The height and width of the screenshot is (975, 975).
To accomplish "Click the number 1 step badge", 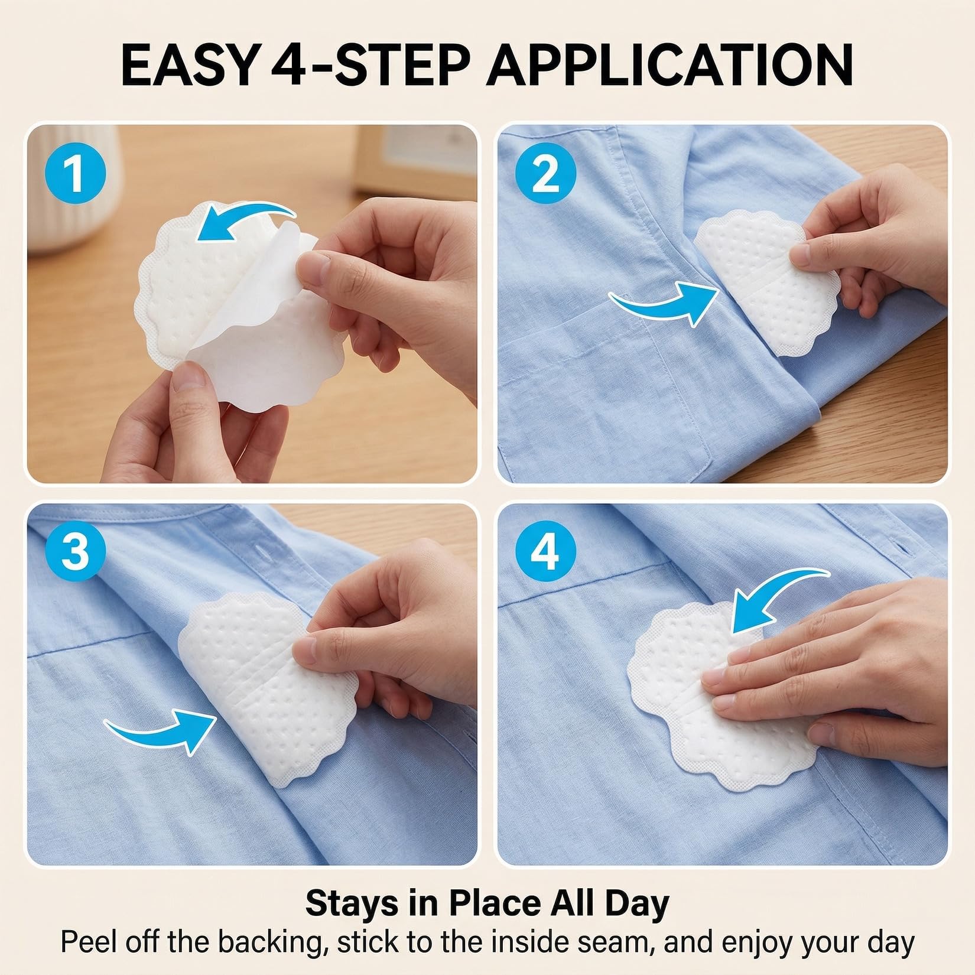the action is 75,173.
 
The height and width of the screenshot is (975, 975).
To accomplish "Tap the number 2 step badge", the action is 545,173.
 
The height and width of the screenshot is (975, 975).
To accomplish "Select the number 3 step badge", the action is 75,552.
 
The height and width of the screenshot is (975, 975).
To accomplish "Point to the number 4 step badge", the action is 545,552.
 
